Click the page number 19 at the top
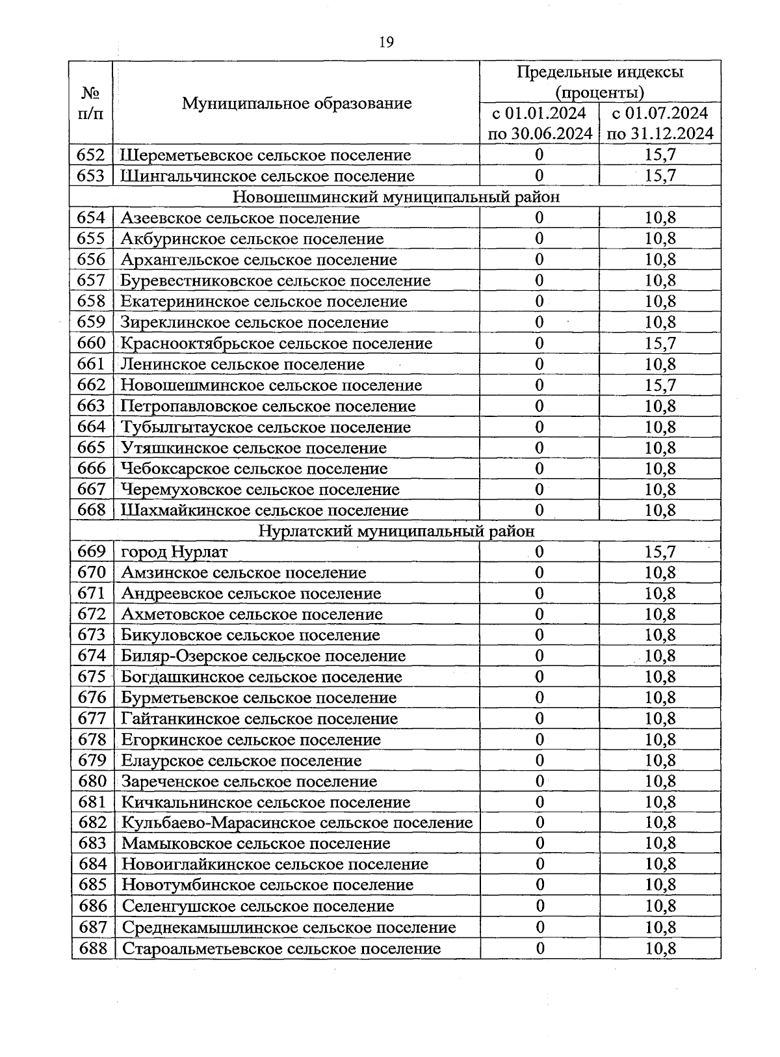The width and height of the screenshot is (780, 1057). [385, 42]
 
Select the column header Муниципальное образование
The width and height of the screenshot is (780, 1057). [296, 103]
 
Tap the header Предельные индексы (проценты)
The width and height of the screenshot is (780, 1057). [600, 81]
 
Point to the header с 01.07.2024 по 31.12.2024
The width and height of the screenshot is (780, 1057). [660, 124]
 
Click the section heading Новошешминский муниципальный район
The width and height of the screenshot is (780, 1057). [396, 196]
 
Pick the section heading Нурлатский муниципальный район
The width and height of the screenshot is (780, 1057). [396, 531]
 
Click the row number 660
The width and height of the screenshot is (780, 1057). [91, 343]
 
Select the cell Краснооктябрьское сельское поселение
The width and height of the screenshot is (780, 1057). [276, 343]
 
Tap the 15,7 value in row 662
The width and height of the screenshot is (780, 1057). [660, 385]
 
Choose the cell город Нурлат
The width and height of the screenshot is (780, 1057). [175, 552]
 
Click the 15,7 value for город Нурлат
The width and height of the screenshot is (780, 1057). [660, 552]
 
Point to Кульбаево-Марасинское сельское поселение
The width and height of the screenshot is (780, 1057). [297, 823]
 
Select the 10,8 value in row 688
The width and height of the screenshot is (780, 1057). [660, 948]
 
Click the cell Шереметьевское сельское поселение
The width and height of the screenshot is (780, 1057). [266, 155]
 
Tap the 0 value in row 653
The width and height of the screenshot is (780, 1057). [539, 176]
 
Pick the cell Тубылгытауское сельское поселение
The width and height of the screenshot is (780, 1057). [266, 427]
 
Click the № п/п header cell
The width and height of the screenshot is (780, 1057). [91, 103]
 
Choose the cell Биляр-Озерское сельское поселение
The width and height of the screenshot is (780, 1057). [263, 656]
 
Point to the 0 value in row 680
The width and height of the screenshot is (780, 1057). [539, 781]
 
